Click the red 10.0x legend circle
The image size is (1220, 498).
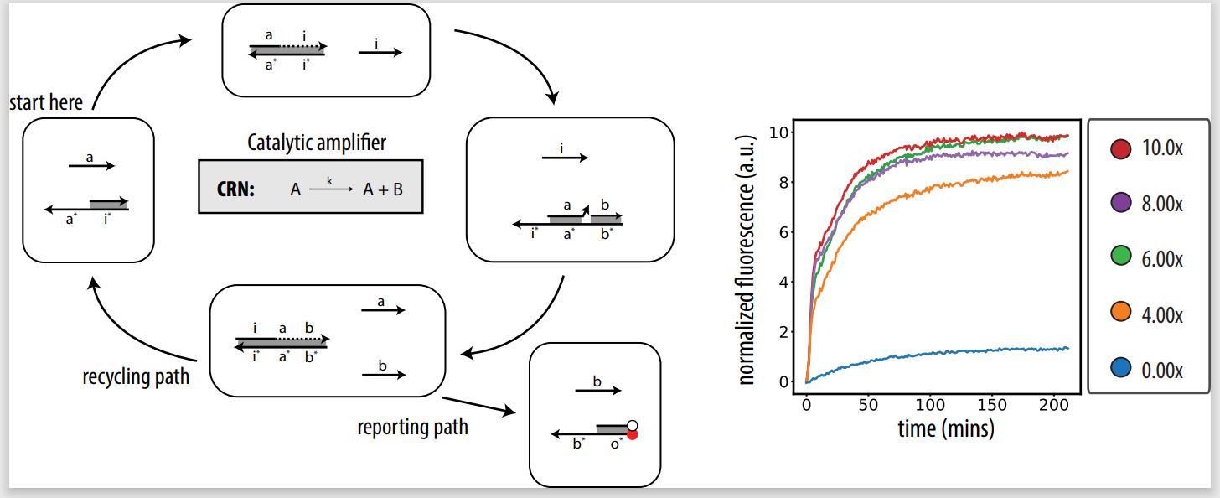(1119, 149)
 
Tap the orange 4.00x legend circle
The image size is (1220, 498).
(1119, 314)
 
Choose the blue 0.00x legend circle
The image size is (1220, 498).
(1119, 368)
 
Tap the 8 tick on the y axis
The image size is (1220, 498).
(779, 182)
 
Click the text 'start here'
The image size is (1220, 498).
(46, 103)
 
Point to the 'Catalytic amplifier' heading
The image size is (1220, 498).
(317, 143)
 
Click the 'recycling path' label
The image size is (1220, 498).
(136, 377)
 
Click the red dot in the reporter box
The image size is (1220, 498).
(633, 435)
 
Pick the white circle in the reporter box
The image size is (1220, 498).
(633, 425)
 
